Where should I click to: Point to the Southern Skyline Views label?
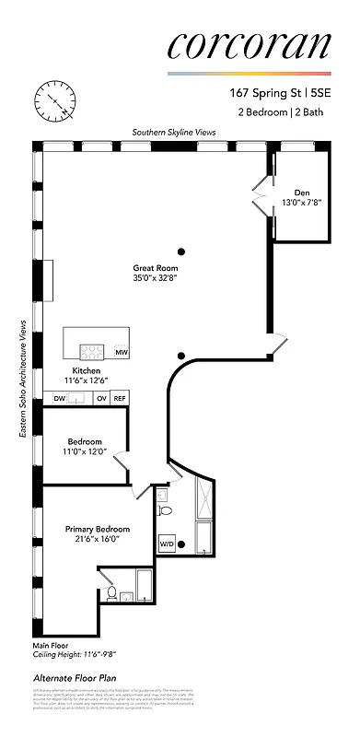coord(173,133)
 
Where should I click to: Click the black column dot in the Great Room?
coord(181,251)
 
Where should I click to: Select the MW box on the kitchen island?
coord(122,353)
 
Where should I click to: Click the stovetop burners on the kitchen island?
coord(92,351)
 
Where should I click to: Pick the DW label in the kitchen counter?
coord(59,399)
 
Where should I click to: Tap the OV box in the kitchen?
coord(102,399)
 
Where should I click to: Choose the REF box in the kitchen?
coord(120,399)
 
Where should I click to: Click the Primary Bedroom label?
coord(97,530)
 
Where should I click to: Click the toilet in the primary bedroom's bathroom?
coord(110,594)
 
